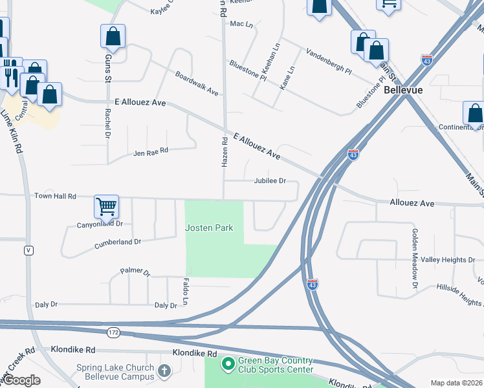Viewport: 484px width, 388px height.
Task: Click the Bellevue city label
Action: click(x=403, y=90)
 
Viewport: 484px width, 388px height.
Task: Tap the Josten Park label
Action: click(x=209, y=228)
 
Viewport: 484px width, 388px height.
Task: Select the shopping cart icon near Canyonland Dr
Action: click(x=106, y=206)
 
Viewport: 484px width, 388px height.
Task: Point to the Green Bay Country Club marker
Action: click(x=227, y=365)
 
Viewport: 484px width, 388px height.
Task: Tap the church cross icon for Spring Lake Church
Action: click(x=164, y=371)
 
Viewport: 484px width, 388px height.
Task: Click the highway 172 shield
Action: click(x=113, y=332)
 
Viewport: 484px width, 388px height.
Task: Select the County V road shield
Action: click(x=28, y=250)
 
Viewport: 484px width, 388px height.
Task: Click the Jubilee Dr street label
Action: click(x=270, y=181)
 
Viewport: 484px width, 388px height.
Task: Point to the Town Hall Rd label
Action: click(x=55, y=196)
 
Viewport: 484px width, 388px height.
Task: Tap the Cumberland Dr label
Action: click(x=118, y=242)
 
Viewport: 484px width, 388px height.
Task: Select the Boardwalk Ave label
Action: click(x=197, y=83)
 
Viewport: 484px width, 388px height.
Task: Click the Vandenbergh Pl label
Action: click(x=329, y=61)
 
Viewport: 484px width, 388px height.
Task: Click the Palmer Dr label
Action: click(x=135, y=273)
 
